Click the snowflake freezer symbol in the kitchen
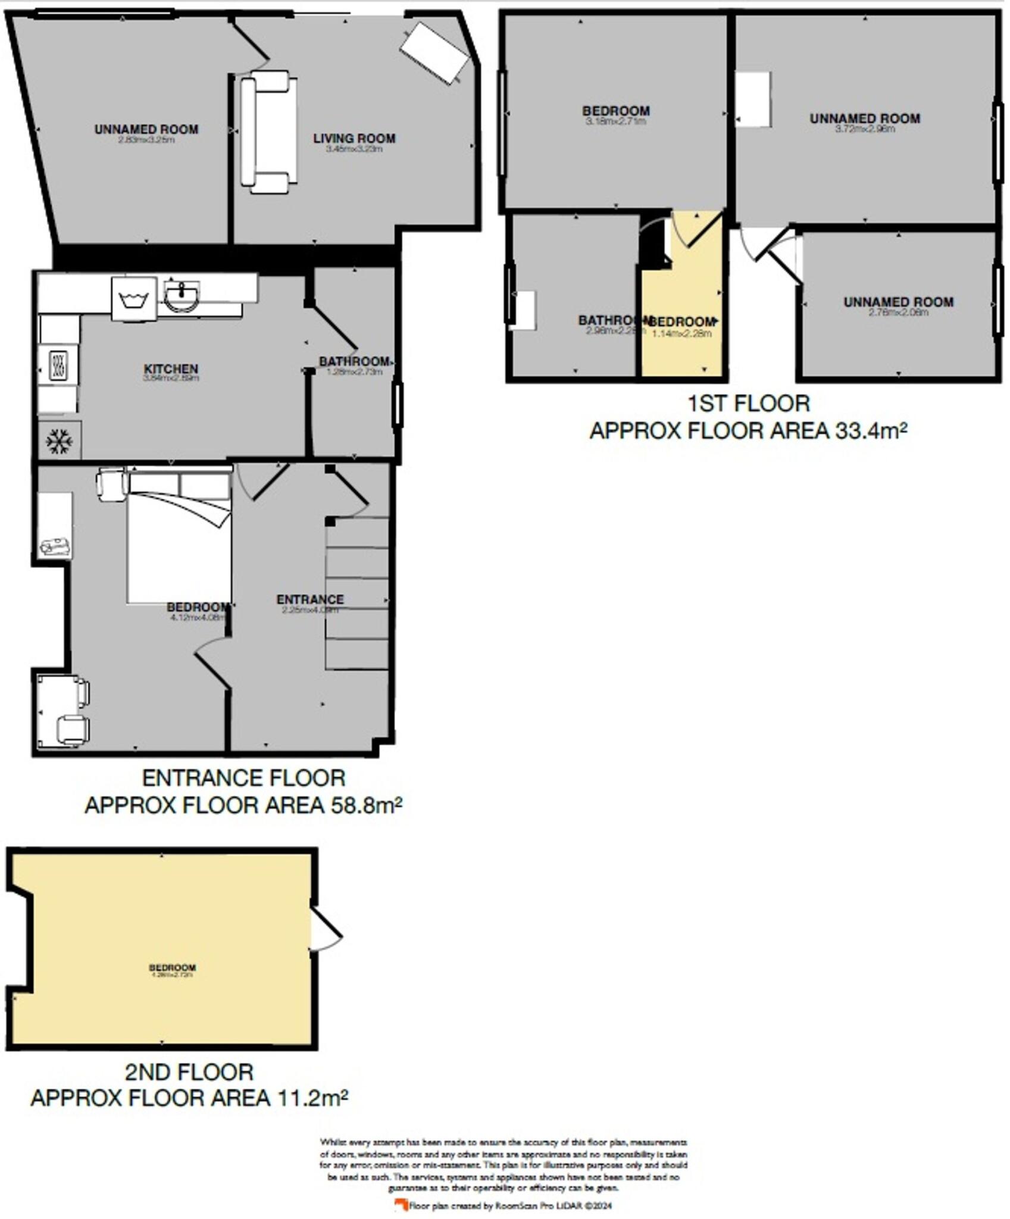tap(60, 441)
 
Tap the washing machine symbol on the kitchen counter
tap(135, 299)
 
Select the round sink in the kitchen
tap(182, 295)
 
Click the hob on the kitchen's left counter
tap(58, 365)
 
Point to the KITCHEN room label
tap(171, 369)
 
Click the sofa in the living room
tap(268, 132)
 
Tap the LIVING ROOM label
tap(354, 139)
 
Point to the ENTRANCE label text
tap(309, 599)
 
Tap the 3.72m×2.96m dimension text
tap(865, 129)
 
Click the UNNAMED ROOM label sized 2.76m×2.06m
tap(898, 302)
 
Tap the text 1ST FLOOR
tap(748, 404)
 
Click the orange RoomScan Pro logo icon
tap(401, 1205)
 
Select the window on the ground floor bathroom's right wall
tap(397, 405)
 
